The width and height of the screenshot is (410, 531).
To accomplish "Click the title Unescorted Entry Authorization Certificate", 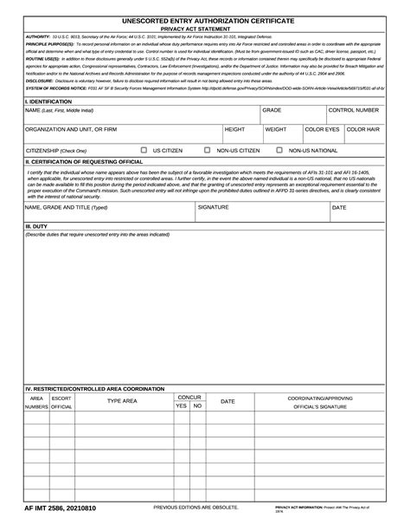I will click(205, 19).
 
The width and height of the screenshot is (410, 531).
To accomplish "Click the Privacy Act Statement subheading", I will click(205, 29).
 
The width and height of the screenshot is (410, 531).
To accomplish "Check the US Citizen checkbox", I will click(144, 150).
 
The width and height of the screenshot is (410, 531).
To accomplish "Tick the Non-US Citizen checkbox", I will click(208, 150).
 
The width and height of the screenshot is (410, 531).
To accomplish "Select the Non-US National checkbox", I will click(279, 150).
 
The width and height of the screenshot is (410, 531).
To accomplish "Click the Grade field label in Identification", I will click(272, 111).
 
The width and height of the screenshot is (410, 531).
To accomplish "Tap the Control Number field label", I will click(353, 111).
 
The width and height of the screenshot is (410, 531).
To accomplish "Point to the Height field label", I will click(235, 129).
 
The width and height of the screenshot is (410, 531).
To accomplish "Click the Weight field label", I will click(276, 129).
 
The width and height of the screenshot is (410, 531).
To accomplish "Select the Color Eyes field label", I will click(322, 129).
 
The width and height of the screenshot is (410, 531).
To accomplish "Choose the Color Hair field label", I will click(362, 129).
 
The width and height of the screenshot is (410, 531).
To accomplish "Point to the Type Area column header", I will click(122, 401).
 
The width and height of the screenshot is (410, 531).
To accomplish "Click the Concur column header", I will click(189, 397).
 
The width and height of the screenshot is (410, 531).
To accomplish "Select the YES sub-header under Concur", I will click(181, 405).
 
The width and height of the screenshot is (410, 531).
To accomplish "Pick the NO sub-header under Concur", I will click(198, 405).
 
